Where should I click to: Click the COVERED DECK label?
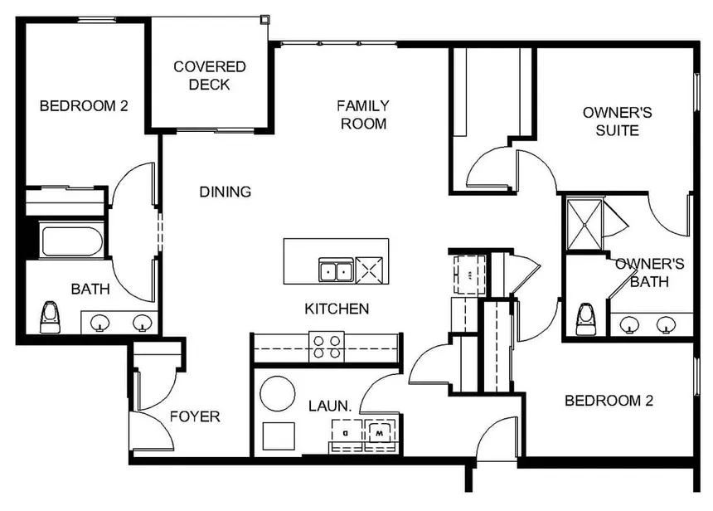pyautogui.click(x=209, y=75)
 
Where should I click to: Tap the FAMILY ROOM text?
pyautogui.click(x=362, y=114)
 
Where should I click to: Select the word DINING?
pyautogui.click(x=225, y=192)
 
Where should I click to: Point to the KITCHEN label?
pyautogui.click(x=337, y=309)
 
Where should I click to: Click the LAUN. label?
pyautogui.click(x=330, y=406)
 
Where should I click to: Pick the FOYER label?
pyautogui.click(x=195, y=416)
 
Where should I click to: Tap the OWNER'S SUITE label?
pyautogui.click(x=610, y=121)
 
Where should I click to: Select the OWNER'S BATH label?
pyautogui.click(x=649, y=272)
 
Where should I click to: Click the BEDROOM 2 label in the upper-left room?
pyautogui.click(x=83, y=105)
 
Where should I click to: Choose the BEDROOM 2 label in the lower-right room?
pyautogui.click(x=609, y=401)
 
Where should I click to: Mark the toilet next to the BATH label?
pyautogui.click(x=51, y=316)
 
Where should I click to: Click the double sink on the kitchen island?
pyautogui.click(x=335, y=270)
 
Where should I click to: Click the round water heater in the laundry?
pyautogui.click(x=278, y=392)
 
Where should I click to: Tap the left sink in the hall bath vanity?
pyautogui.click(x=101, y=322)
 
